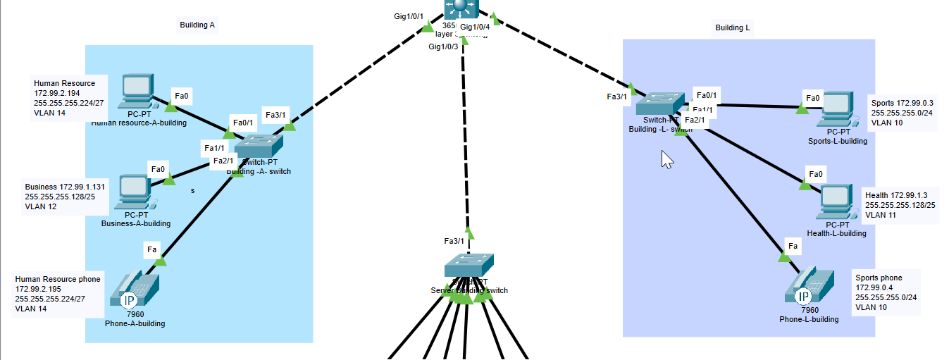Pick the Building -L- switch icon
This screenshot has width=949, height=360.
[x=659, y=104]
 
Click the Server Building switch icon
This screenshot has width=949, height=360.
[x=469, y=266]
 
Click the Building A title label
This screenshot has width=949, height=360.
[x=197, y=25]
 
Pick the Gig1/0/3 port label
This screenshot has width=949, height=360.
[x=443, y=46]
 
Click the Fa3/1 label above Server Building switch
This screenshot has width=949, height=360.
[x=454, y=241]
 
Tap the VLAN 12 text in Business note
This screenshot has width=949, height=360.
[x=41, y=207]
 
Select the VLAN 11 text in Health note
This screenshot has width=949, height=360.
[x=880, y=215]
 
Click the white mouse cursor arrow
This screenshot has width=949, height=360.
[x=666, y=160]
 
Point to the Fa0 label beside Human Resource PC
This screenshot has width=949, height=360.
[x=181, y=96]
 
